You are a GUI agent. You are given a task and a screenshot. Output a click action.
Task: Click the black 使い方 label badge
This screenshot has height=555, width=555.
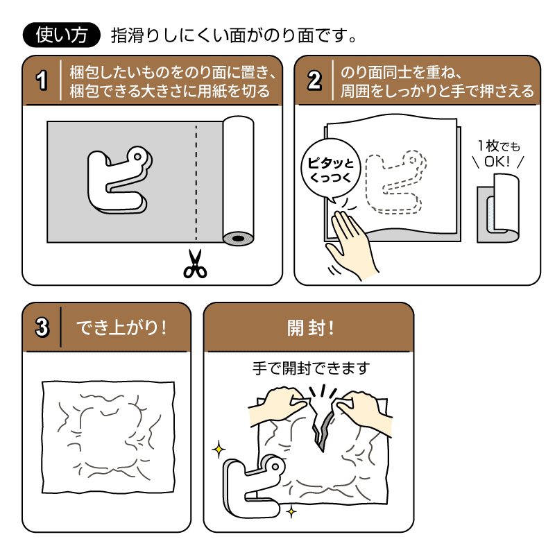click(x=62, y=35)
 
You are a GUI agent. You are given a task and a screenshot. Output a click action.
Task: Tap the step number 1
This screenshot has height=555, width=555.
click(x=42, y=81)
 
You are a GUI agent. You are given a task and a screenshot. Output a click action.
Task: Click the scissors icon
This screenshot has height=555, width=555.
click(x=195, y=264)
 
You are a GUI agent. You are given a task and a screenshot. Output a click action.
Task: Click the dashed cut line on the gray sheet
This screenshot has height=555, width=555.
click(x=196, y=180)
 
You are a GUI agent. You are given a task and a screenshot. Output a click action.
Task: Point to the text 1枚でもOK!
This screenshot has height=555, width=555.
click(x=498, y=155)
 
